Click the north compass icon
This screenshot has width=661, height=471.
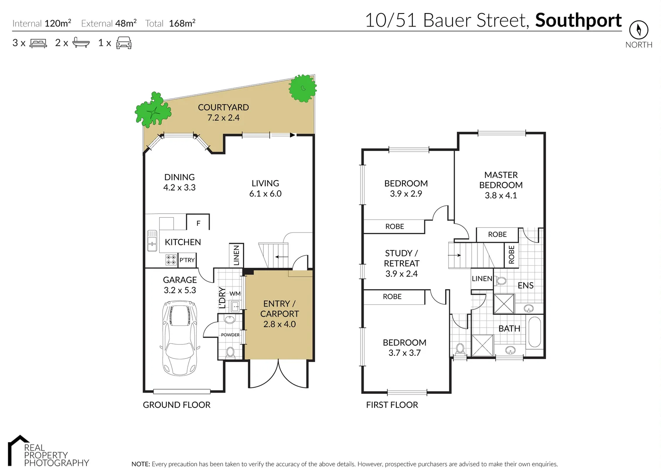pos(638,30)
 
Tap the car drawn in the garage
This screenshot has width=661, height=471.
pos(179,338)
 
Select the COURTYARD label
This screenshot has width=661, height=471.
pos(223,107)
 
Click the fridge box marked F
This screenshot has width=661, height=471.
pos(198,222)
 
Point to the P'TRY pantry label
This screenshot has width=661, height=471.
pos(187,260)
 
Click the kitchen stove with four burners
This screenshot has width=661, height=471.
pos(171,260)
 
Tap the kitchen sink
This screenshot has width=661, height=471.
pos(152,241)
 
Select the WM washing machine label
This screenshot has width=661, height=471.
pos(235,294)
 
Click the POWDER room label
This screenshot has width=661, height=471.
pos(230,335)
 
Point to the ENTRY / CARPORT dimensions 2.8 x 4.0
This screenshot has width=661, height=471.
pos(279,324)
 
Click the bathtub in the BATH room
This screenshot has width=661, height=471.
pos(534,332)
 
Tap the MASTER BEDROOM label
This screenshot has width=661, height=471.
pos(501,180)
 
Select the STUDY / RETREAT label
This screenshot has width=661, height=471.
pos(401,258)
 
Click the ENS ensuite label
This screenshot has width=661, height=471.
pos(525,285)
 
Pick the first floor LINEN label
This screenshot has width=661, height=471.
pos(482,279)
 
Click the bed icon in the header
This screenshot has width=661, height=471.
pos(38,43)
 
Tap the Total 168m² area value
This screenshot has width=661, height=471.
pos(182,24)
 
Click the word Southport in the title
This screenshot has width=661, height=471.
pos(578,20)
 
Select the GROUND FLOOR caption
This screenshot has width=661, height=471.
pos(177,405)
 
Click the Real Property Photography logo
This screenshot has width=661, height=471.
pos(48,452)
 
